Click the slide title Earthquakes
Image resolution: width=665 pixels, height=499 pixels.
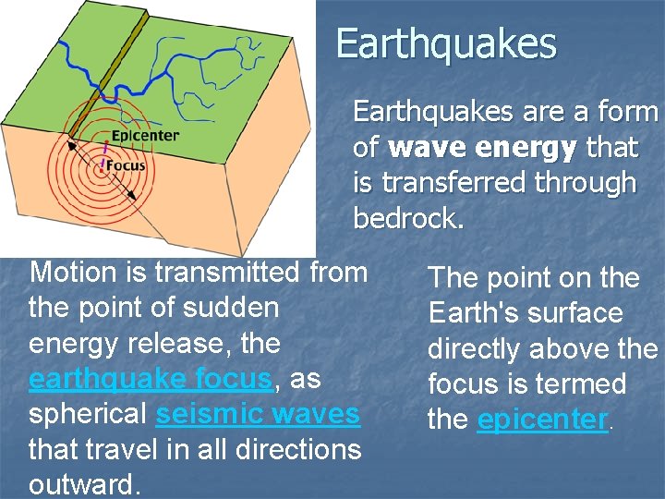point(446,44)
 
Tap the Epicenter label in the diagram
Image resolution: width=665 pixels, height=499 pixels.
point(145,136)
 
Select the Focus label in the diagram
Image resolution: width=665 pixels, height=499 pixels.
point(126,165)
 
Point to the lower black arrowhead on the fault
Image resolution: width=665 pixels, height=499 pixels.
point(134,196)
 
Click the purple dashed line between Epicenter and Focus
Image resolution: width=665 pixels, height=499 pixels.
point(104,152)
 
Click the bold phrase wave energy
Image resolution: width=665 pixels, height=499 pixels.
point(482,148)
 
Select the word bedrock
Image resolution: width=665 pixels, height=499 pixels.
point(408,219)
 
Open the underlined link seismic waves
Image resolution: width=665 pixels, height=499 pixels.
point(258,414)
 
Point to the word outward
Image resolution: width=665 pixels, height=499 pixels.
point(84,484)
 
